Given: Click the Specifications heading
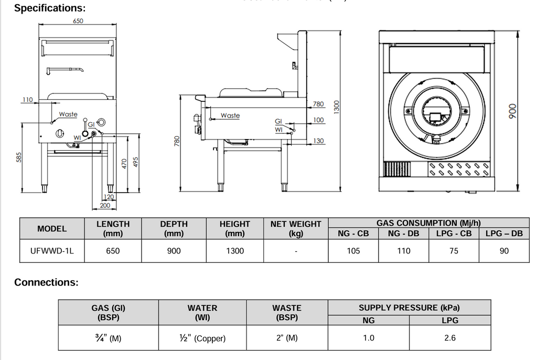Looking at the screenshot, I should pos(49,8).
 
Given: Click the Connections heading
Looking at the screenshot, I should pos(46,282).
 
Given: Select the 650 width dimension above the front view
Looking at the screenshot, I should pos(78,21).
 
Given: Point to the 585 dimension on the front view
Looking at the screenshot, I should pos(19,157).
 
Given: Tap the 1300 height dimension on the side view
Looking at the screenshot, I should pos(337,106).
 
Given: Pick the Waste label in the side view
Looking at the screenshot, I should pos(230,115).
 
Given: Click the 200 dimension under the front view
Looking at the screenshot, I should pos(105,206).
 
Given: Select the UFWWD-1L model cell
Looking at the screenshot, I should pos(52,251).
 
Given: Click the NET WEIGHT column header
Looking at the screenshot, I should pos(296,229).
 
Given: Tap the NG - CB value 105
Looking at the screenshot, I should pos(353,251).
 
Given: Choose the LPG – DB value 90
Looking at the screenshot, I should pos(504,251).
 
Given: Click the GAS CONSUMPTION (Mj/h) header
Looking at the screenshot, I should pos(428,224).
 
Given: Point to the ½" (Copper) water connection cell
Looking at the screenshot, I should pos(202,338).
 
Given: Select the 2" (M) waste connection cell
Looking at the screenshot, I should pos(286,338).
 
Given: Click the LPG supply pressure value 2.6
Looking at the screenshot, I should pos(450,338).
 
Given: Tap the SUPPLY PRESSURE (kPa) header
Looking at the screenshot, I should pos(409,308).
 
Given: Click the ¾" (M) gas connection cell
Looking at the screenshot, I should pos(108,338).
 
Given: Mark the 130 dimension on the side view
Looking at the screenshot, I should pos(318,141).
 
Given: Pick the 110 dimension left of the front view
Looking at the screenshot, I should pos(27,99).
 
